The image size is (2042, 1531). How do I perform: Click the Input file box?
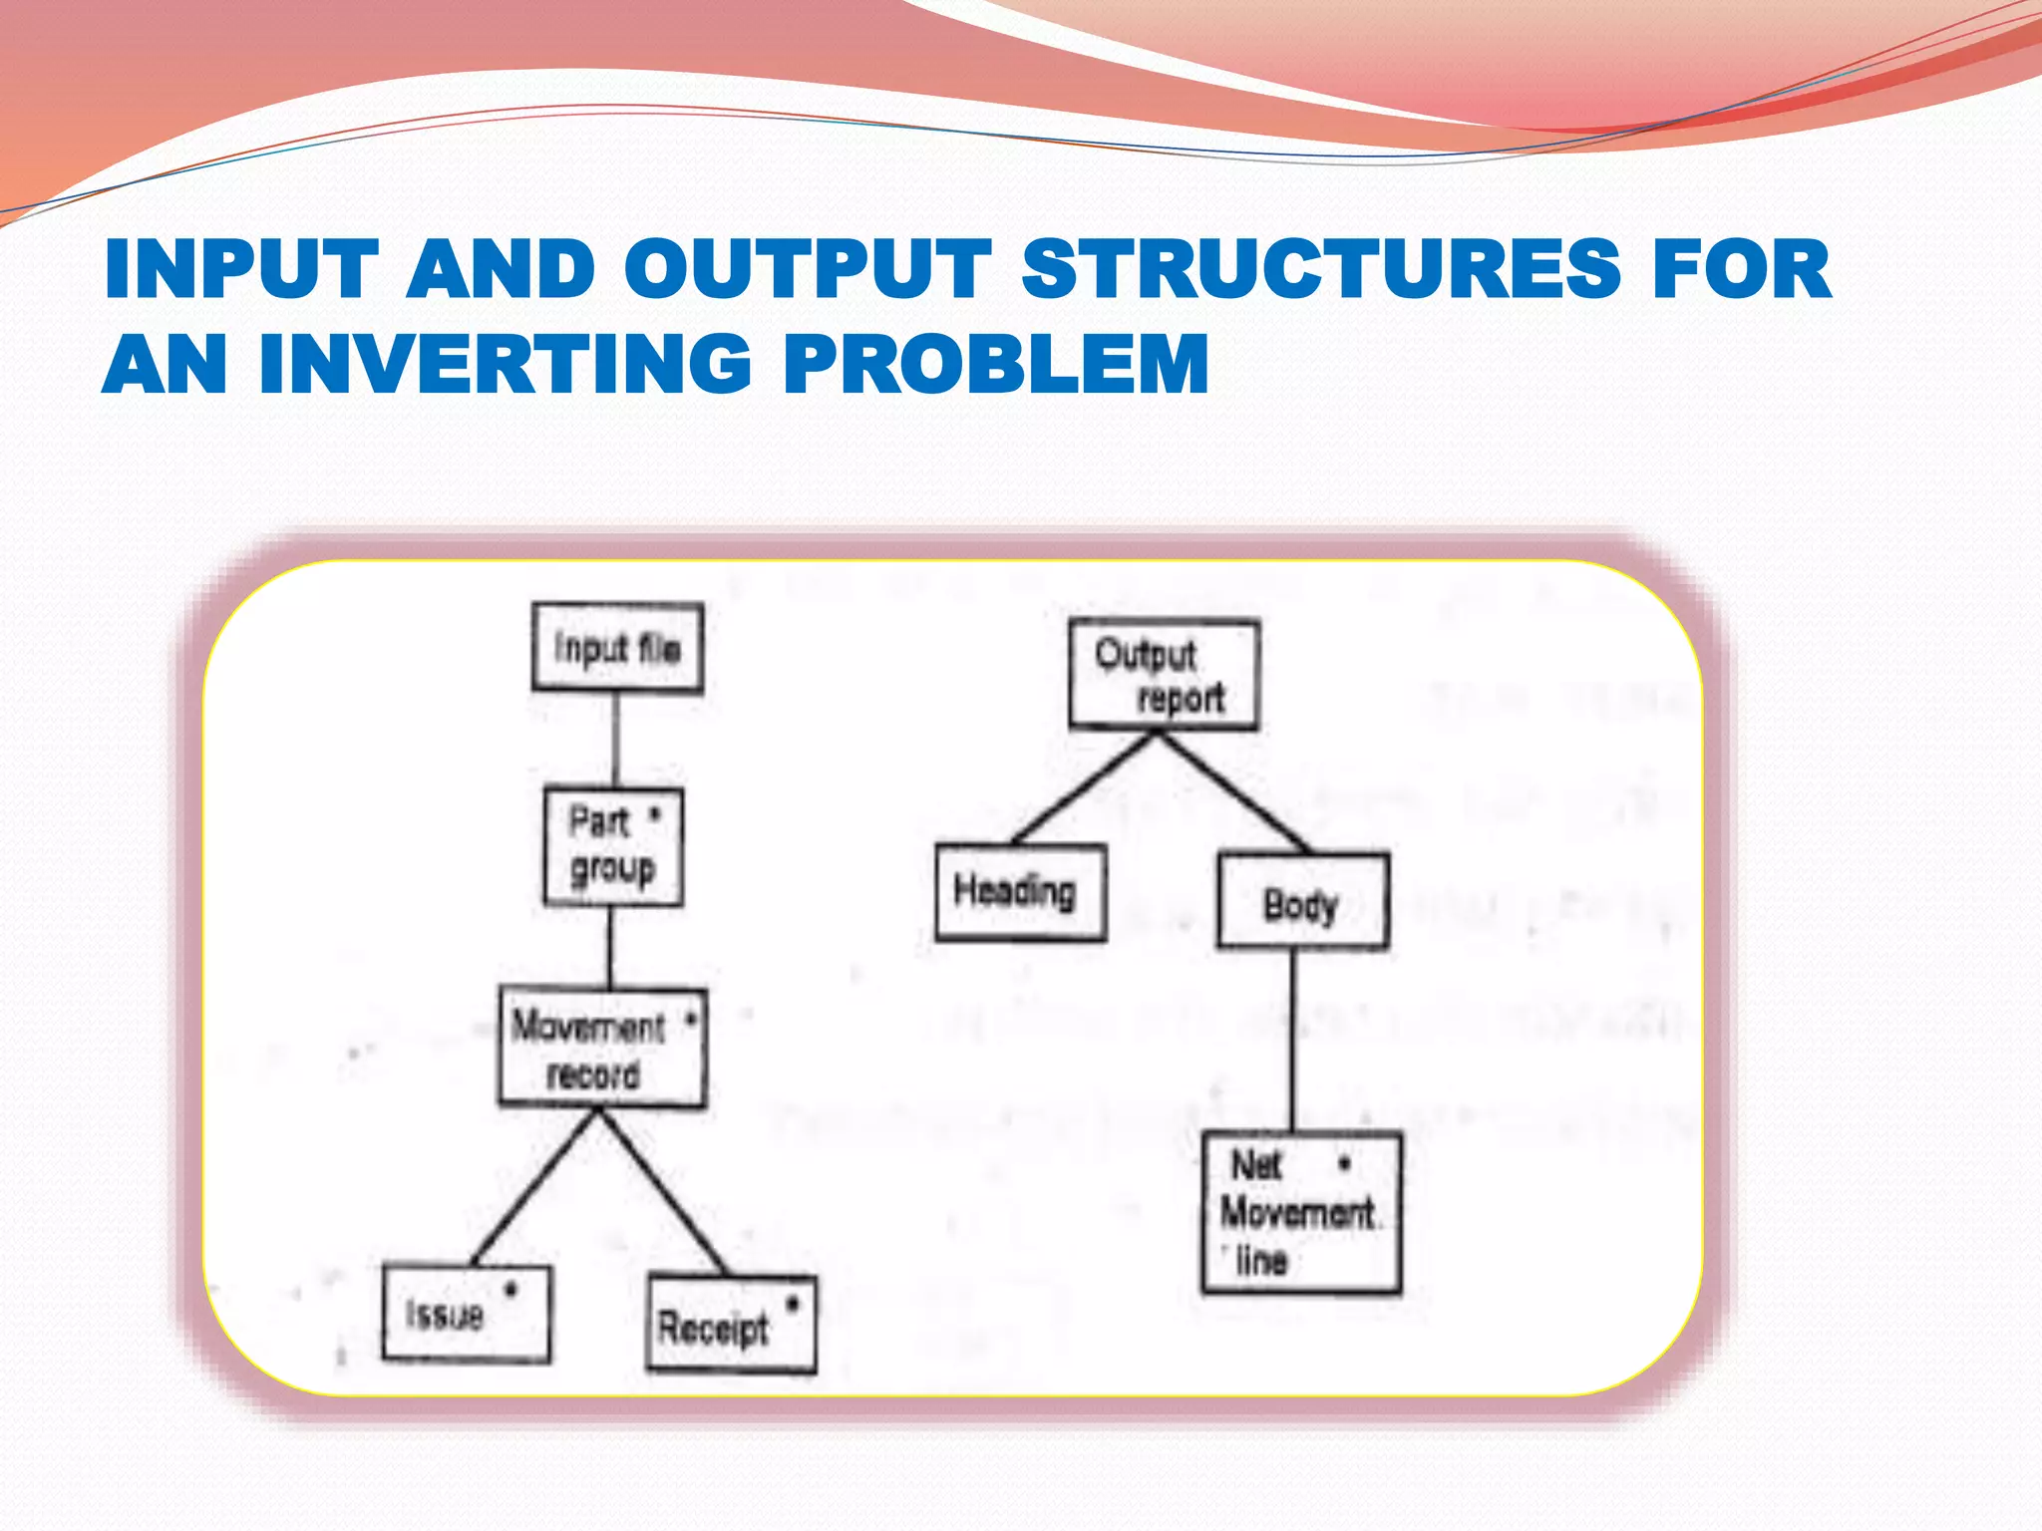[x=617, y=648]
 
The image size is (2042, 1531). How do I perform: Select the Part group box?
[x=613, y=847]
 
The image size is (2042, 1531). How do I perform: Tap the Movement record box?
[x=602, y=1049]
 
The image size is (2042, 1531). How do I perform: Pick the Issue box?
[x=466, y=1314]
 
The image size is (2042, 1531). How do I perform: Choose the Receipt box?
[x=731, y=1325]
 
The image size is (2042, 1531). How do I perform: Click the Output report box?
[x=1164, y=675]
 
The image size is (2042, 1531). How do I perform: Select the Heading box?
[x=1020, y=892]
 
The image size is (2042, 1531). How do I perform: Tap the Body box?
[x=1302, y=901]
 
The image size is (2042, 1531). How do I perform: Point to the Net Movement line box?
[x=1301, y=1213]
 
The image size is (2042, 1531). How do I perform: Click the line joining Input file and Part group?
[x=615, y=740]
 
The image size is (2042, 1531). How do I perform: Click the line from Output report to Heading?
[x=1084, y=787]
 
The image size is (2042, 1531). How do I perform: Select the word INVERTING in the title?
[x=505, y=364]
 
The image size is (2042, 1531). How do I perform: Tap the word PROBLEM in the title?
[x=996, y=364]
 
